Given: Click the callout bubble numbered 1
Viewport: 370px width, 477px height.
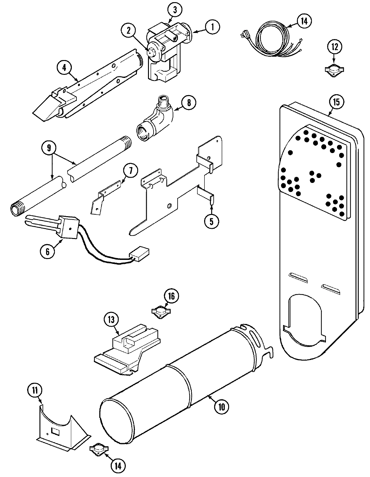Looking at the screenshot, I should (212, 27).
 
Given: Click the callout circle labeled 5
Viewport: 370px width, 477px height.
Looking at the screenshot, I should (211, 221).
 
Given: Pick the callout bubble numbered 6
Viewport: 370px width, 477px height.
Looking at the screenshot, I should (47, 251).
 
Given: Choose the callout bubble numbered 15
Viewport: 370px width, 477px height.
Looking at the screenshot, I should (336, 102).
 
